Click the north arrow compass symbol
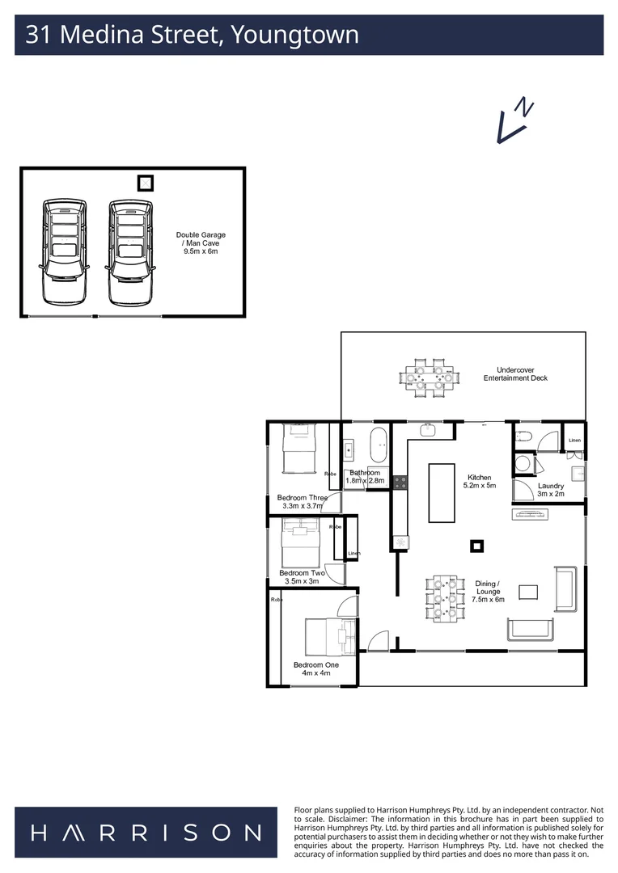point(514,121)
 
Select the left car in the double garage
point(64,251)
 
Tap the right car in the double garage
point(131,251)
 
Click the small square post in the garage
point(145,183)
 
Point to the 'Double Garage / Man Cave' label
point(201,243)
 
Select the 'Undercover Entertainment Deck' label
point(516,374)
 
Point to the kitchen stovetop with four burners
point(400,483)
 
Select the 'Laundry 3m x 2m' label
point(550,490)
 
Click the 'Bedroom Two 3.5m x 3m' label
point(302,576)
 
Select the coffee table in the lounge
point(528,592)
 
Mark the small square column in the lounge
point(476,546)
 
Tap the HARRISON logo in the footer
point(146,833)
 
